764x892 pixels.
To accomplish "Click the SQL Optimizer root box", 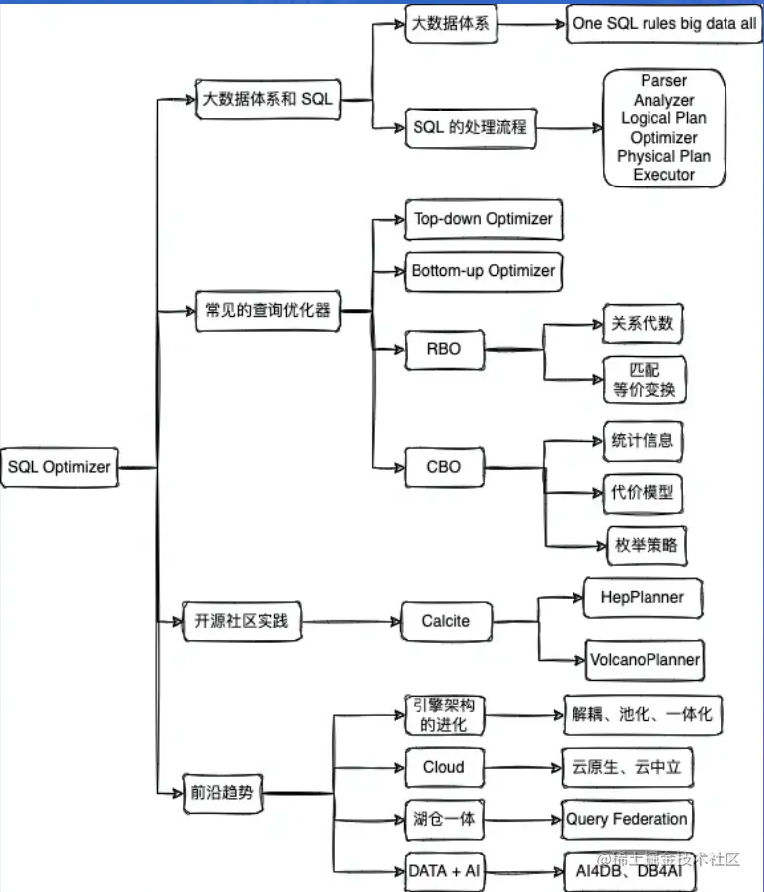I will tap(59, 467).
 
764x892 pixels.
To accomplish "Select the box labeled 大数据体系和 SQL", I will tap(267, 100).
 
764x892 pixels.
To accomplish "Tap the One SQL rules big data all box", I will tap(664, 24).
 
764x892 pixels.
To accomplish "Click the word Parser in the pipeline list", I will tap(663, 81).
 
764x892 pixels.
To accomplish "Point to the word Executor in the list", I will tap(663, 175).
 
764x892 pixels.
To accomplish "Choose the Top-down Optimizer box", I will tap(483, 219).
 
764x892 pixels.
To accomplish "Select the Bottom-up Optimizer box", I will tap(483, 271).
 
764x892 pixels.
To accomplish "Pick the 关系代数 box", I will tap(644, 324).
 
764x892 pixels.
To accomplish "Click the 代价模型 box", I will tap(644, 492).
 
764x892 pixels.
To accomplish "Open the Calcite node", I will tap(445, 622).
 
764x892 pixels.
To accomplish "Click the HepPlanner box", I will tap(642, 596).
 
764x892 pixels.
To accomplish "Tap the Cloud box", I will tap(443, 767).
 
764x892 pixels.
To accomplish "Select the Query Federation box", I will tap(626, 819).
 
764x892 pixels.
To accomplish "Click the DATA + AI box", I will tap(445, 871).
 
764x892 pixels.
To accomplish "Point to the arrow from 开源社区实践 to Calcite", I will tap(350, 622).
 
